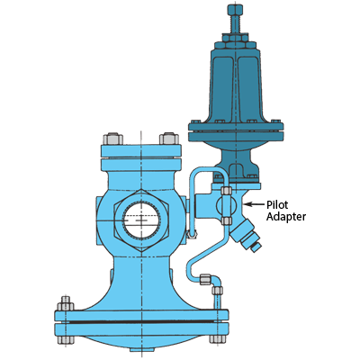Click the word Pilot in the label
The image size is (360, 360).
(277, 205)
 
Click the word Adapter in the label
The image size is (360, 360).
(286, 217)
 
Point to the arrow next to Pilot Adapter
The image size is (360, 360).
(255, 204)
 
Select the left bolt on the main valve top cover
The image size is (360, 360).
(112, 139)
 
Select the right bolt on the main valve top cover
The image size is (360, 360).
(169, 139)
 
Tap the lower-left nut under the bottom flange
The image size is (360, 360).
(66, 339)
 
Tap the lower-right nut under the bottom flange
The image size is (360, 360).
(218, 339)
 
